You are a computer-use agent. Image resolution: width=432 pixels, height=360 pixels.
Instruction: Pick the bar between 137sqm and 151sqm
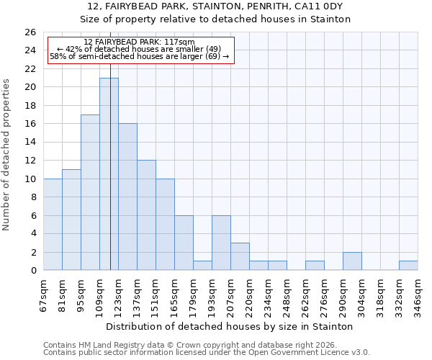click(x=146, y=215)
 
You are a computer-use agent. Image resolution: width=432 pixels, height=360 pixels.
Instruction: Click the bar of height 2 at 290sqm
click(x=352, y=261)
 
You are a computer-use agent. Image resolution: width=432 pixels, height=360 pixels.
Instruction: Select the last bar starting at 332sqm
click(x=408, y=266)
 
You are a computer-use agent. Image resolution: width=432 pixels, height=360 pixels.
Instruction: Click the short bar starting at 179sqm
click(x=202, y=266)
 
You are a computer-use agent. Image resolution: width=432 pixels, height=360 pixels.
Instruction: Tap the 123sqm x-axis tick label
click(x=119, y=294)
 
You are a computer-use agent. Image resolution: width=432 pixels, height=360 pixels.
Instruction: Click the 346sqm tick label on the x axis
click(x=418, y=294)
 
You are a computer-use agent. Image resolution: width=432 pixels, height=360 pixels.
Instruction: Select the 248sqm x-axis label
click(x=287, y=294)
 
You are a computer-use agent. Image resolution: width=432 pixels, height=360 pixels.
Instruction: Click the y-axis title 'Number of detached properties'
click(x=7, y=155)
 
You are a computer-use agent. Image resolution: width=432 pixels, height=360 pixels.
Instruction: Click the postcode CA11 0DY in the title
click(x=320, y=6)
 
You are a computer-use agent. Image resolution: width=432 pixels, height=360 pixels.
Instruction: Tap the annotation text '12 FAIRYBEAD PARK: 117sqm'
click(x=139, y=42)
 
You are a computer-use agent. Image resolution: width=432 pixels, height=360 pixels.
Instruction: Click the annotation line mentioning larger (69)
click(x=139, y=56)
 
